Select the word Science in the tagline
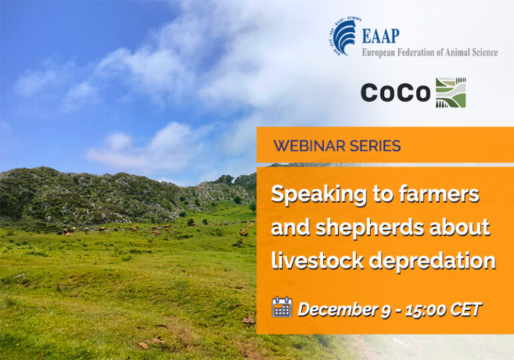click(x=483, y=52)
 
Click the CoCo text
click(x=395, y=93)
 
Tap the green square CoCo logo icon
click(x=450, y=92)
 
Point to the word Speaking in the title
click(x=315, y=195)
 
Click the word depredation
click(x=433, y=260)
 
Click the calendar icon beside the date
click(x=282, y=308)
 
